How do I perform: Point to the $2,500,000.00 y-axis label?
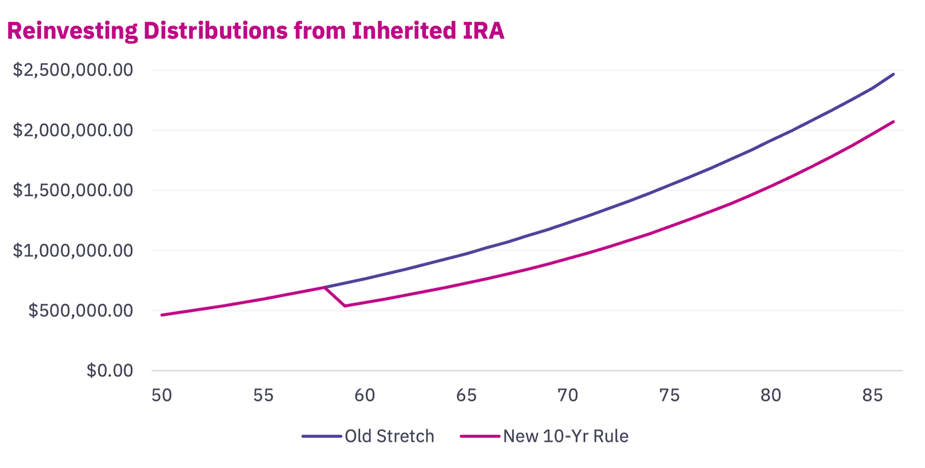73,70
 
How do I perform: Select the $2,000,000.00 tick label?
73,130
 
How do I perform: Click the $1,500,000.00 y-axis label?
73,190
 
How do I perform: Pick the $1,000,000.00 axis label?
73,250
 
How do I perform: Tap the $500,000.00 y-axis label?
80,310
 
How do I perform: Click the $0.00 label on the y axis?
110,370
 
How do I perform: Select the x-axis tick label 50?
162,395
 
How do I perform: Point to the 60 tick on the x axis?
365,395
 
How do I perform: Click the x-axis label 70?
568,395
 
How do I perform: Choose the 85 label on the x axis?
872,395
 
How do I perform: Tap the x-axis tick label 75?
669,395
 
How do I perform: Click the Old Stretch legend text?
389,436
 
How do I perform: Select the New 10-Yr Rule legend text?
565,436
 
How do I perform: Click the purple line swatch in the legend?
321,436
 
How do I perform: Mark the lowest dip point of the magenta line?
345,306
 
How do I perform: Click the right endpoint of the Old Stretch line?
893,74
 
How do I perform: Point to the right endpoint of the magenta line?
893,121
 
